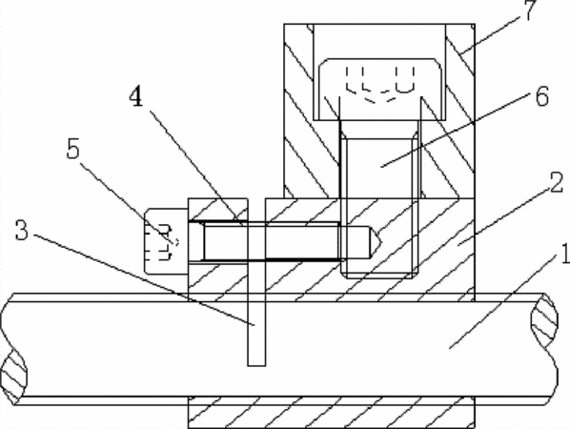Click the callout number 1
click(x=565, y=254)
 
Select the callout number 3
click(x=22, y=231)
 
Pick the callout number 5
click(x=73, y=149)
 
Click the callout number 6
click(x=542, y=96)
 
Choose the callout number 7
click(x=530, y=10)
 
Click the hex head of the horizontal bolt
click(x=166, y=241)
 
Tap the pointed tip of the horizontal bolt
click(x=381, y=241)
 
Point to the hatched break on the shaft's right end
click(x=544, y=327)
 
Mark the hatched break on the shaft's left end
click(x=14, y=375)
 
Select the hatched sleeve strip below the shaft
click(x=331, y=413)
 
